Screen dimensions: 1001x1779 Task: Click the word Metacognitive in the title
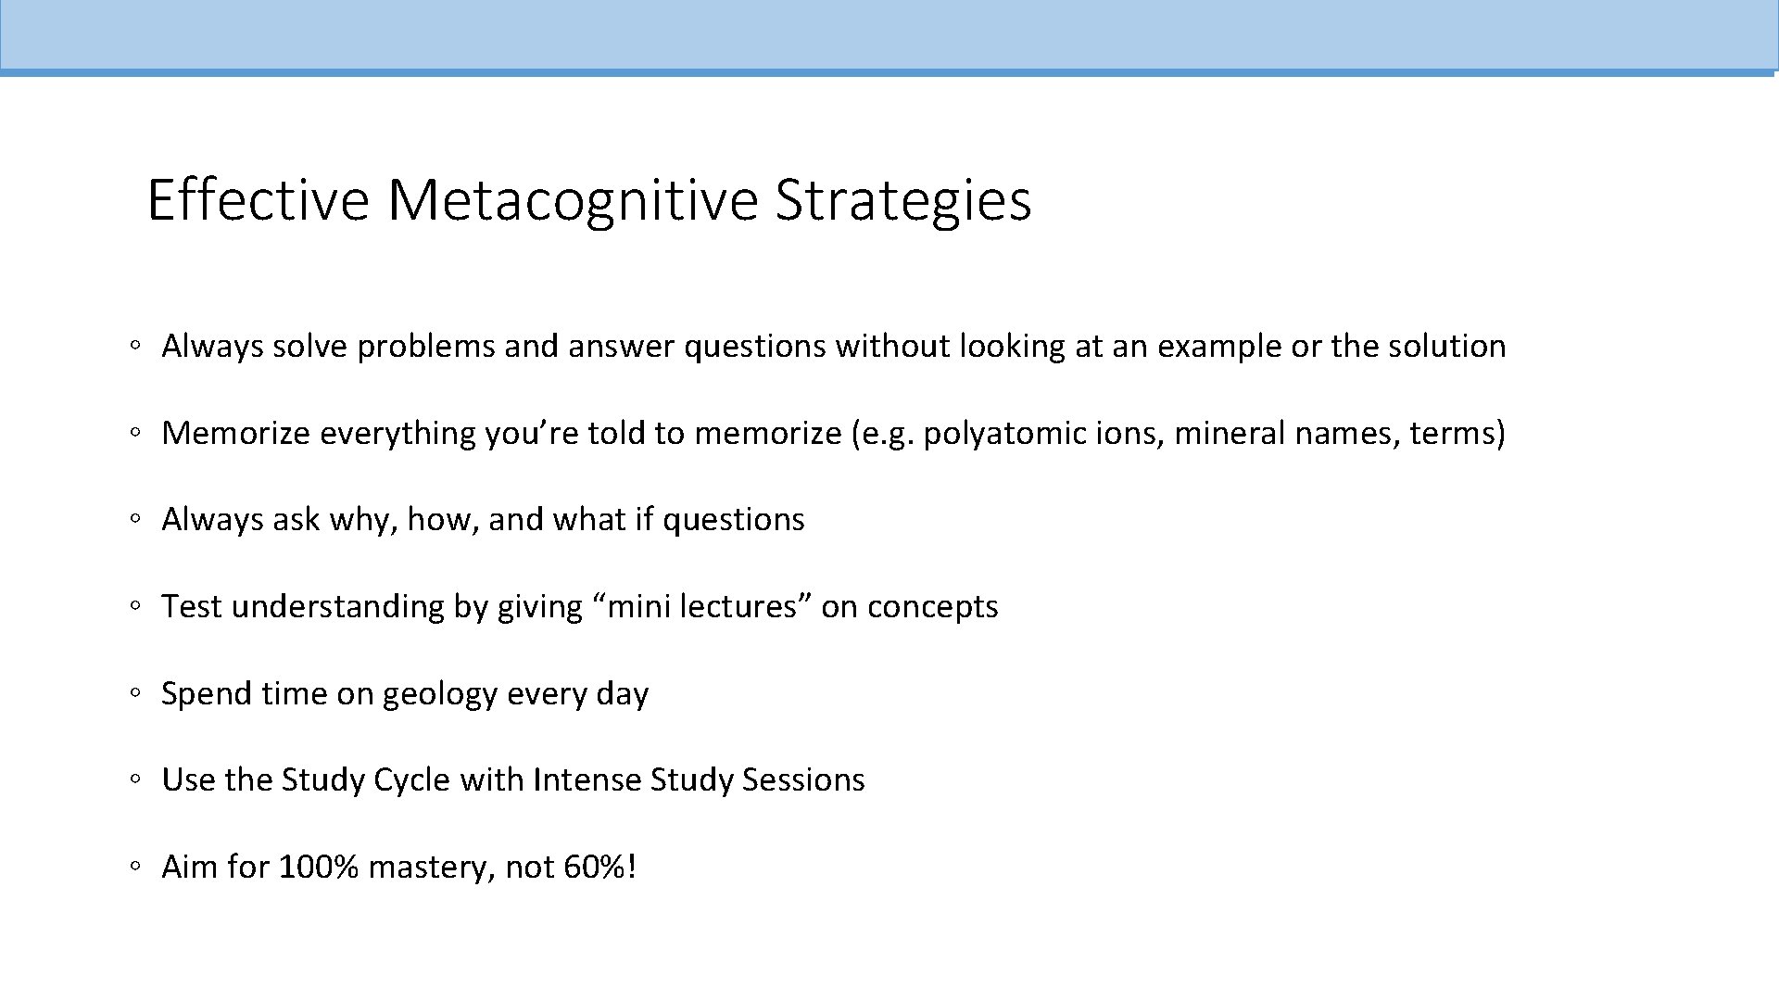(x=573, y=199)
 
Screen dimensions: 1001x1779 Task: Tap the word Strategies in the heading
(x=902, y=199)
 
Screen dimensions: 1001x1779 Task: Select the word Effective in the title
(x=258, y=199)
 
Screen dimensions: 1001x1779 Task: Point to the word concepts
(x=932, y=607)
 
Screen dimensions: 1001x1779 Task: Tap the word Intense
(x=587, y=780)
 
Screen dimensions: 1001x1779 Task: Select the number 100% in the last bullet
(x=318, y=868)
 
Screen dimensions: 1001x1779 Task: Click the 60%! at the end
(x=599, y=868)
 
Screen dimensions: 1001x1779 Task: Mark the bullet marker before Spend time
(x=135, y=693)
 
